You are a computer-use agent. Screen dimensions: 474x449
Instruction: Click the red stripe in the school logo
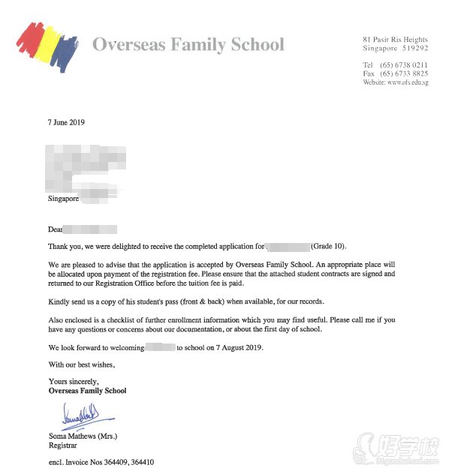coord(28,39)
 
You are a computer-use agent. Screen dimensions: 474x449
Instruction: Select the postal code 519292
coord(413,47)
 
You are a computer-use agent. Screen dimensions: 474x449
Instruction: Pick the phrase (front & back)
coord(219,301)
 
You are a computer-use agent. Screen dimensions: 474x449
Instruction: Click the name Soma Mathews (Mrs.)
coord(83,436)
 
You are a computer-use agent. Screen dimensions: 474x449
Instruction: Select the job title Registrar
coord(62,445)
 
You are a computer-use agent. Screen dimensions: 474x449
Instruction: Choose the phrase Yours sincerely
coord(73,382)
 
